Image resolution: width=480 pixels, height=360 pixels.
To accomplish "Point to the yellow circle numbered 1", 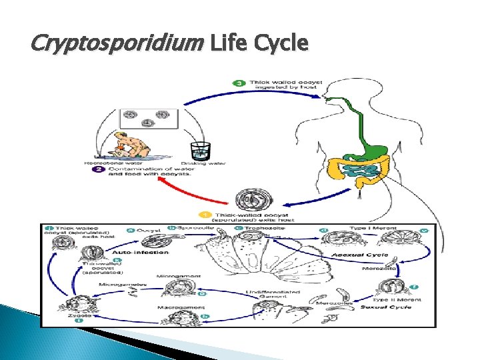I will click(x=207, y=215).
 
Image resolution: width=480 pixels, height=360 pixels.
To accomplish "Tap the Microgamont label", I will click(x=176, y=275).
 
